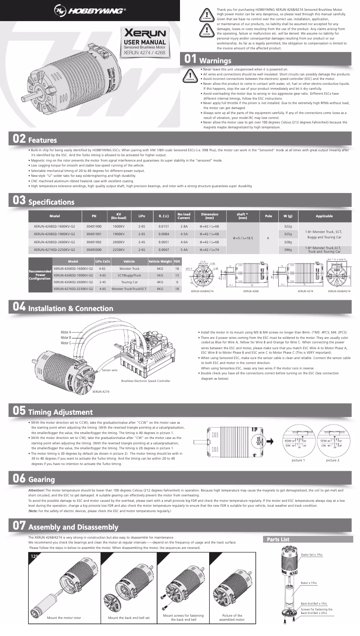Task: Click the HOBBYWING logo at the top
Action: tap(90, 10)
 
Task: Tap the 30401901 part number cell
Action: tap(94, 234)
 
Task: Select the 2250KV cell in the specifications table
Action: tap(119, 249)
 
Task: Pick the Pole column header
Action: tap(268, 216)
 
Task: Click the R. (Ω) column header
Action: tap(163, 216)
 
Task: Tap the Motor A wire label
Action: tap(66, 332)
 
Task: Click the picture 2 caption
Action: tap(333, 460)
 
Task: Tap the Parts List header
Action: tap(278, 539)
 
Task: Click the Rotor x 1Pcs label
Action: tap(309, 583)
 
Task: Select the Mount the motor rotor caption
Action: tap(64, 618)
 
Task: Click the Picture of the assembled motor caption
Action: tap(232, 618)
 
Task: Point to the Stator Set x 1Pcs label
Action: tap(312, 555)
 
